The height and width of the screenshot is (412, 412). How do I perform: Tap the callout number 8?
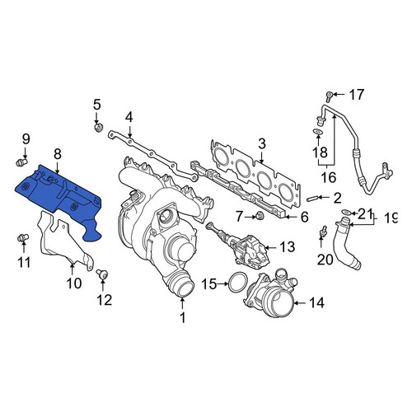click(x=58, y=154)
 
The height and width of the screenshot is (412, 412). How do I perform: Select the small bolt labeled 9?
click(x=21, y=162)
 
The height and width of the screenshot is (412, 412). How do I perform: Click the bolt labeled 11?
click(x=23, y=238)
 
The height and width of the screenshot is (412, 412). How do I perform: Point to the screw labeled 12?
click(x=102, y=274)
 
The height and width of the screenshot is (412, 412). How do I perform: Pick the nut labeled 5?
click(x=99, y=128)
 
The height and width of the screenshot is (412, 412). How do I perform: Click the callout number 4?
click(x=129, y=117)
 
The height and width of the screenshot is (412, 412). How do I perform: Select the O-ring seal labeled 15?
click(x=238, y=282)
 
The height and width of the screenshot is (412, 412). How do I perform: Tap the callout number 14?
click(x=316, y=302)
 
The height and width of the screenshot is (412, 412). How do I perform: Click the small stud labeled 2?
click(x=313, y=198)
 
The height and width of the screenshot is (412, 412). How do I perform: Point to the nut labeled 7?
click(x=259, y=216)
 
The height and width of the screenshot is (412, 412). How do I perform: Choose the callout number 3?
click(x=262, y=144)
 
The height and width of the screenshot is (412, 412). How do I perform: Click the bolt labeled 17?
click(x=329, y=96)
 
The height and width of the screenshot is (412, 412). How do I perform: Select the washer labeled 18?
click(x=317, y=131)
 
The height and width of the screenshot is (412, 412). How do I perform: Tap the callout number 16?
click(x=329, y=177)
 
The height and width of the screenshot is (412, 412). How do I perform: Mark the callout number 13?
click(x=287, y=247)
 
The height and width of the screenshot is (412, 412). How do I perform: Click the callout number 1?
click(x=182, y=317)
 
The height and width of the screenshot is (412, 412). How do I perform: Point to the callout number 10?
click(x=74, y=283)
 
